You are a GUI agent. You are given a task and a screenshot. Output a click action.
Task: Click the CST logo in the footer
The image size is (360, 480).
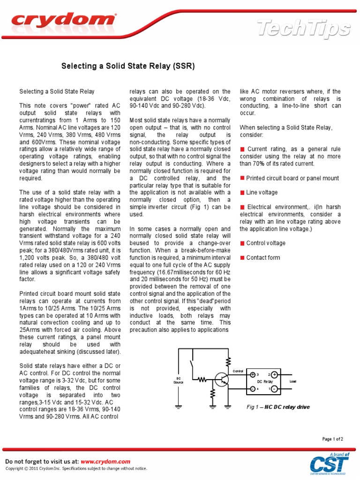point(329,464)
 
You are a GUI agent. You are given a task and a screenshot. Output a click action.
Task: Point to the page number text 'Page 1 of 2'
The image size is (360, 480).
point(332,439)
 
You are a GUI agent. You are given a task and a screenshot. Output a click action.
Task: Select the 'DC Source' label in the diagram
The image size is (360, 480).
point(179,380)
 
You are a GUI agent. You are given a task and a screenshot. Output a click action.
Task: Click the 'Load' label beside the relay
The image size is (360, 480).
point(293,382)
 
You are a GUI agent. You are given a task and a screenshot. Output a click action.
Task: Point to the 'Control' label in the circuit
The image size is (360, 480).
point(238,371)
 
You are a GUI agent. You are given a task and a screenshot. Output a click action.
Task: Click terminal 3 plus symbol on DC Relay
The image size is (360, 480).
point(253,375)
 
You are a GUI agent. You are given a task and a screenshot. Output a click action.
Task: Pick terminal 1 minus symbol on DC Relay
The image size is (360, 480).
point(274,389)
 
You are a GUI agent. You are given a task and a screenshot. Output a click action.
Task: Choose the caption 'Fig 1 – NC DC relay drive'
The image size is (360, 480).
point(278,407)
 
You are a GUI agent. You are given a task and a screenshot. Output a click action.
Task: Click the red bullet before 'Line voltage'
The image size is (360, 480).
point(242,193)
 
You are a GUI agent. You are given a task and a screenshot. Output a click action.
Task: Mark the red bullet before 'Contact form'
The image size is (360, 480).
point(242,257)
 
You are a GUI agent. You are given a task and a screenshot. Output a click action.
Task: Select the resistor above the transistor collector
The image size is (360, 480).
point(229,361)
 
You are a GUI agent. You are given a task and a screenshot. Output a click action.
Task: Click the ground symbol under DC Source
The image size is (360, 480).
point(179,407)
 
